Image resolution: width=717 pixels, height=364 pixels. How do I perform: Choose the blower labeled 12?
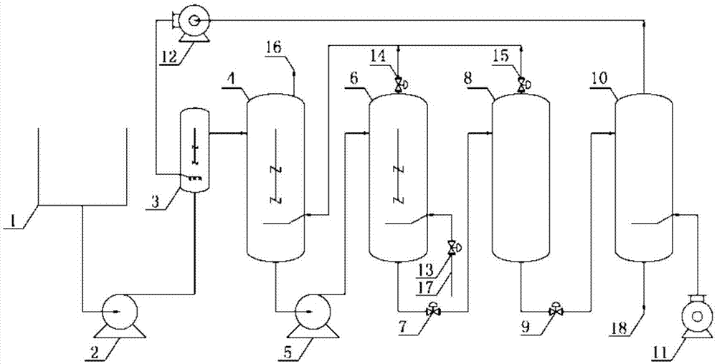[191, 24]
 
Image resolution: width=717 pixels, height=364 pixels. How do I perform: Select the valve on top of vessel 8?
[523, 85]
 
